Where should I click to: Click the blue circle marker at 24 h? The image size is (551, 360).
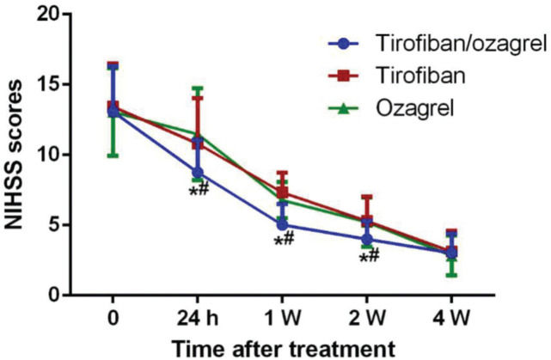click(197, 173)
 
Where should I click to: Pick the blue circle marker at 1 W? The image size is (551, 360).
click(281, 225)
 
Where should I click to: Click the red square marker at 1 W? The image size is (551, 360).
click(281, 192)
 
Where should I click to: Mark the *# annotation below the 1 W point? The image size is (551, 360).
click(285, 241)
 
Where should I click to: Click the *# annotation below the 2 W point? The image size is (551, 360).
click(370, 255)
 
